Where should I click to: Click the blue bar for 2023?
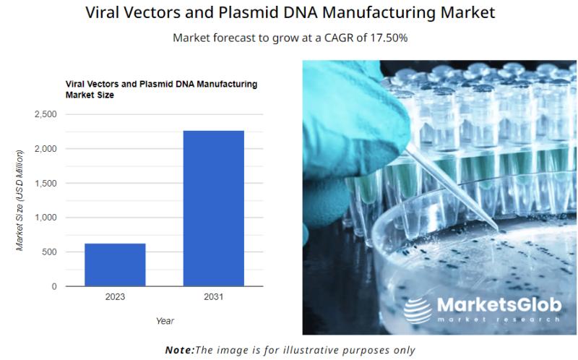pyautogui.click(x=115, y=265)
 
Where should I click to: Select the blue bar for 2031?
pyautogui.click(x=214, y=208)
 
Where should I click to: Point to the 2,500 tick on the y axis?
pyautogui.click(x=46, y=114)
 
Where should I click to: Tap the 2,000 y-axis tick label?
pyautogui.click(x=46, y=149)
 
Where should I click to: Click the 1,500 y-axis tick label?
pyautogui.click(x=46, y=184)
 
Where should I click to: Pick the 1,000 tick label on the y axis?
pyautogui.click(x=46, y=218)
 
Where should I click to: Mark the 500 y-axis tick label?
pyautogui.click(x=49, y=252)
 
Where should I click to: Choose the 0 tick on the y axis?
pyautogui.click(x=54, y=286)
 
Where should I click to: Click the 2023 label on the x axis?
pyautogui.click(x=115, y=297)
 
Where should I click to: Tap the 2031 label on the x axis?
pyautogui.click(x=214, y=297)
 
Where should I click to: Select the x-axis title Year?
pyautogui.click(x=165, y=321)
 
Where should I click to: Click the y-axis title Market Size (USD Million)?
pyautogui.click(x=20, y=200)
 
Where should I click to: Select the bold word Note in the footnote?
pyautogui.click(x=179, y=350)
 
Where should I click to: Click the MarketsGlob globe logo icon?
pyautogui.click(x=418, y=311)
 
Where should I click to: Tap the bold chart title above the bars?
pyautogui.click(x=161, y=89)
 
